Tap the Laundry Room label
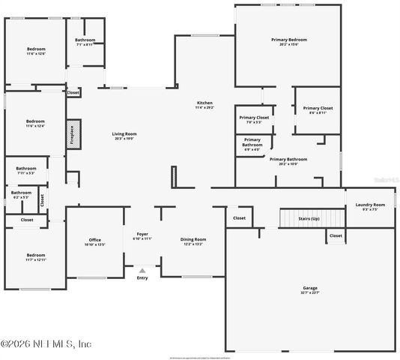[370, 206]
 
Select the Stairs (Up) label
[309, 218]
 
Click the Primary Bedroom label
[289, 42]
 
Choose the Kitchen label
[204, 105]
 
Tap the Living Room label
[125, 136]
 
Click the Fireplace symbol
[73, 133]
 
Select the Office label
[94, 241]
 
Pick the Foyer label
[142, 236]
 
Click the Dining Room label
[193, 241]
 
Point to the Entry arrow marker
[142, 270]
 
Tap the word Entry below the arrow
[142, 278]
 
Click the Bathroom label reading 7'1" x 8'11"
[84, 42]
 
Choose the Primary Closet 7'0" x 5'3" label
[254, 120]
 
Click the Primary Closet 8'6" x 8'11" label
[318, 110]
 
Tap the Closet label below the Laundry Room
[336, 236]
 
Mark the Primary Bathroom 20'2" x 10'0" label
[288, 161]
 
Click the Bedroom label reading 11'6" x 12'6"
[35, 51]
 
